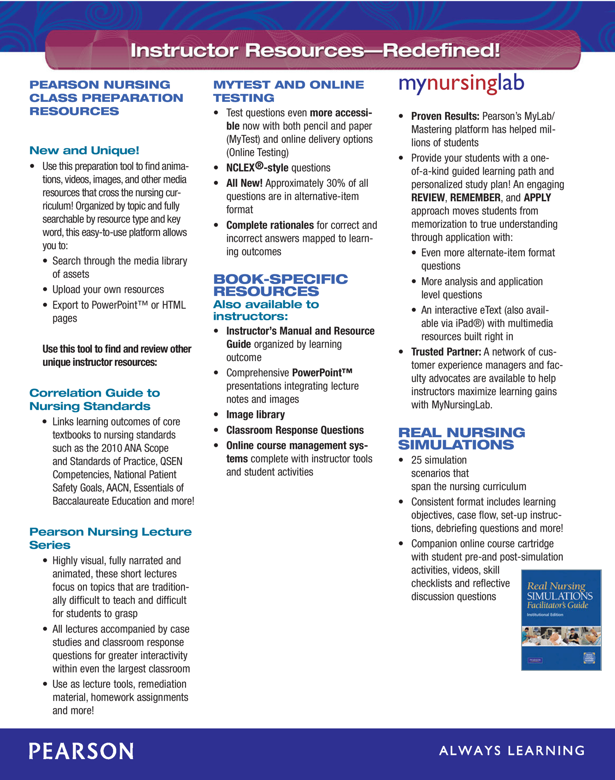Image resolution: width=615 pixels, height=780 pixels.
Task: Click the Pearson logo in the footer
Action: [x=81, y=751]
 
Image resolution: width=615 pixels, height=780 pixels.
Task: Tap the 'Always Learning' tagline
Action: [x=512, y=751]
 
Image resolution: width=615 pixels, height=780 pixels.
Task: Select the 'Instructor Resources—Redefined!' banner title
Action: [x=315, y=50]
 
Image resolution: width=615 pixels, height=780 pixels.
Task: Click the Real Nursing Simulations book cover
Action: [x=561, y=619]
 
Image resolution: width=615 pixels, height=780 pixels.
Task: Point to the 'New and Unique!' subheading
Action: [x=84, y=150]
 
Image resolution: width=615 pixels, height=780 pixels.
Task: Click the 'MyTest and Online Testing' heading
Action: [x=288, y=91]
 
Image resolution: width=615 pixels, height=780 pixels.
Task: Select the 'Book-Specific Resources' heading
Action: [x=280, y=285]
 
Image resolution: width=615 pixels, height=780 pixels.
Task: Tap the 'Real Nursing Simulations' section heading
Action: [x=461, y=438]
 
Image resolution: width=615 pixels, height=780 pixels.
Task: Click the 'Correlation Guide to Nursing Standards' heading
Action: [x=95, y=399]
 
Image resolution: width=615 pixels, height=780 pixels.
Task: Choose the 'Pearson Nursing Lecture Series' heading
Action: [x=110, y=538]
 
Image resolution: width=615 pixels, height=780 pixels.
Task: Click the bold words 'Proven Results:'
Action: [x=445, y=116]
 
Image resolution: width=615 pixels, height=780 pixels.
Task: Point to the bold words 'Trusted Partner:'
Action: [x=446, y=352]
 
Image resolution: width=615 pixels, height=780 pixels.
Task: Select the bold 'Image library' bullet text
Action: [x=255, y=415]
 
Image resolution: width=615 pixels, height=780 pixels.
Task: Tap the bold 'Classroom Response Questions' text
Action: [x=295, y=430]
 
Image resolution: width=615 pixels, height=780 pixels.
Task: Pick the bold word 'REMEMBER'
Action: [x=475, y=197]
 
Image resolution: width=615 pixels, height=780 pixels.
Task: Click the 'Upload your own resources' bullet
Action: [x=108, y=289]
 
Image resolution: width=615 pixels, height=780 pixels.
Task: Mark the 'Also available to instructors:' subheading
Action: [x=266, y=310]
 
